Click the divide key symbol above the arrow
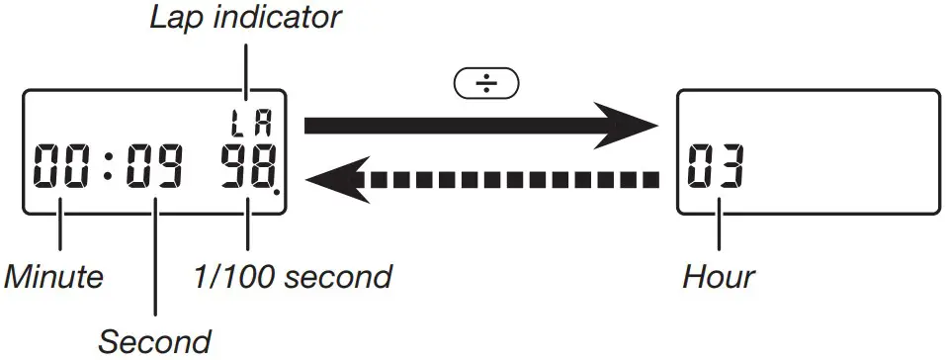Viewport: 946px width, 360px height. coord(485,83)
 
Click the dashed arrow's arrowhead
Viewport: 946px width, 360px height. coord(332,179)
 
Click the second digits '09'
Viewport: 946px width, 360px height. coord(155,167)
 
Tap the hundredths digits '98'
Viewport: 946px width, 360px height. coord(246,167)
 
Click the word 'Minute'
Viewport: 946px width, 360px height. coord(53,277)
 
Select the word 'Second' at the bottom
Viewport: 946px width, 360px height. coord(154,342)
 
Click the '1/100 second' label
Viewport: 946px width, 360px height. coord(293,277)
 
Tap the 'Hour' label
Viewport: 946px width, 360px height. coord(720,277)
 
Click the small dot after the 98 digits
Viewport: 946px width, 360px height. coord(277,191)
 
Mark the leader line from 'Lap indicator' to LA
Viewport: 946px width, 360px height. coord(247,69)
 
